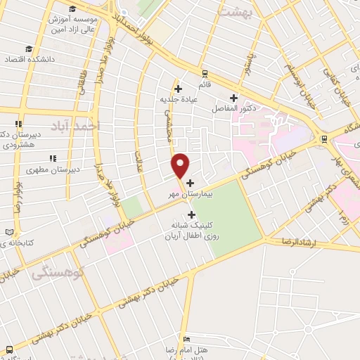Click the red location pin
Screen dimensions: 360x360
point(181,165)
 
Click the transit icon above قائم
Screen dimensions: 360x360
point(204,73)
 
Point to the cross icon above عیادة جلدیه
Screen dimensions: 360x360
point(179,89)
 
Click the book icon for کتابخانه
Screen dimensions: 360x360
point(9,232)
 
